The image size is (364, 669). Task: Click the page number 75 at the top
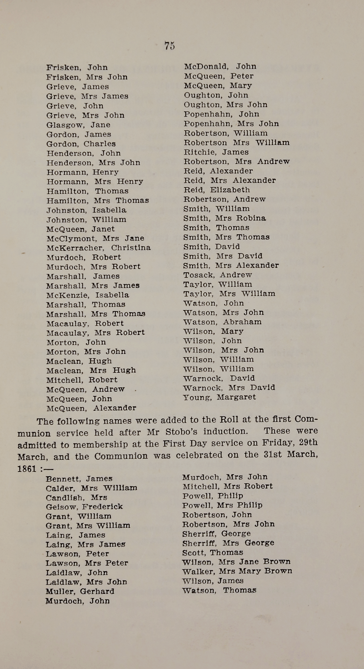[x=169, y=46]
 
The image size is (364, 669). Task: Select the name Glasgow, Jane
[x=78, y=125]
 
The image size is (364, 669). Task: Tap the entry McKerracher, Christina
[x=99, y=248]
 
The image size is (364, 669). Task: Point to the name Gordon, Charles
[x=81, y=144]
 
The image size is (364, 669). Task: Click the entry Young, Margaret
[x=219, y=397]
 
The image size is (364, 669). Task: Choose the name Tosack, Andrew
[x=217, y=275]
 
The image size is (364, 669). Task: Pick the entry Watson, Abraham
[x=222, y=322]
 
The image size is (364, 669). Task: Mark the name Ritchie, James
[x=216, y=152]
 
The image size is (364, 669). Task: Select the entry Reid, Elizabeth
[x=217, y=190]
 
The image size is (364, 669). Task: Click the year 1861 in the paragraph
[x=27, y=469]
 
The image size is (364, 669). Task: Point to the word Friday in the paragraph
[x=278, y=443]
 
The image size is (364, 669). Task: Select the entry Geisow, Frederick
[x=84, y=507]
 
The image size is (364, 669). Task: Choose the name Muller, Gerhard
[x=80, y=591]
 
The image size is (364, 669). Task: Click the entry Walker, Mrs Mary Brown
[x=237, y=571]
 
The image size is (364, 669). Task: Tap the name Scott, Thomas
[x=212, y=552]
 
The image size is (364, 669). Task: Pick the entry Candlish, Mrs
[x=76, y=498]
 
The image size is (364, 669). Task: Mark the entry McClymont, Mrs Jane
[x=95, y=238]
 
